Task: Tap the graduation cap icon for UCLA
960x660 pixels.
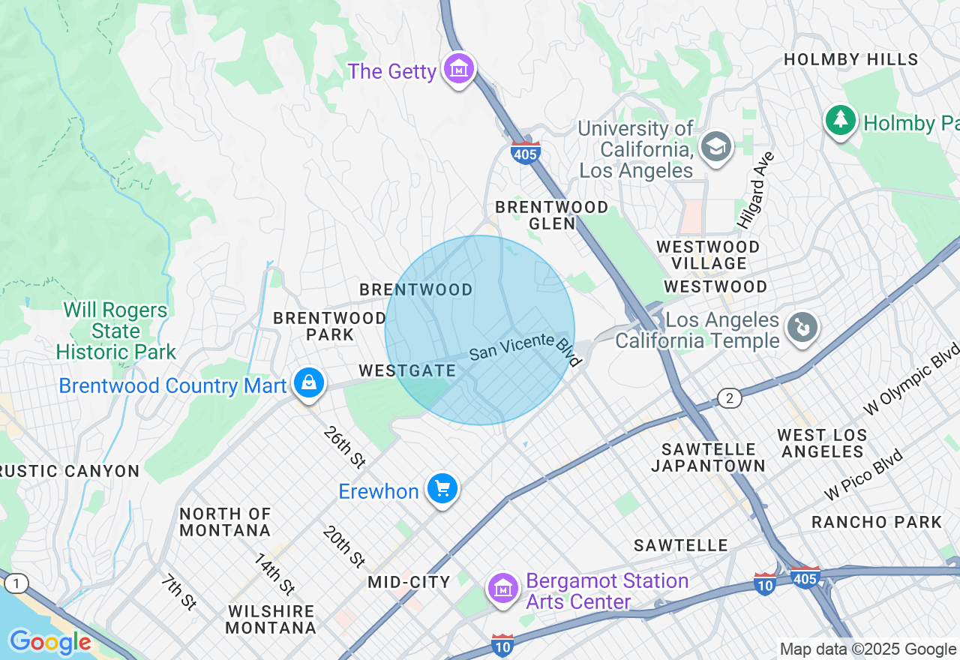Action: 716,147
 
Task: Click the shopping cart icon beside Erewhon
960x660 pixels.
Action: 442,489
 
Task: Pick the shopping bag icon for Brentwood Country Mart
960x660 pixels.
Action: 308,383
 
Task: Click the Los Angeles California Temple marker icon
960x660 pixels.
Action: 802,328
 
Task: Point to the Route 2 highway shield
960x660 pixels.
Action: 729,397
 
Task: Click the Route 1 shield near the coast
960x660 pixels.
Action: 16,583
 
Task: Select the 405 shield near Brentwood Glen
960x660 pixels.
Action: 525,153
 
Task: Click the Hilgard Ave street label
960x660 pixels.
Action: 755,190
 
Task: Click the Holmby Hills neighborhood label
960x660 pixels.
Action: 850,59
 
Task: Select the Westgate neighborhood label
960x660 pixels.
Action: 407,370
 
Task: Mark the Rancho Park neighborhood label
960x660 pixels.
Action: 876,522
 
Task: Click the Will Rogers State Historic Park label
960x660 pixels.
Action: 115,331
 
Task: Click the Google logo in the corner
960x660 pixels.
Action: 49,642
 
